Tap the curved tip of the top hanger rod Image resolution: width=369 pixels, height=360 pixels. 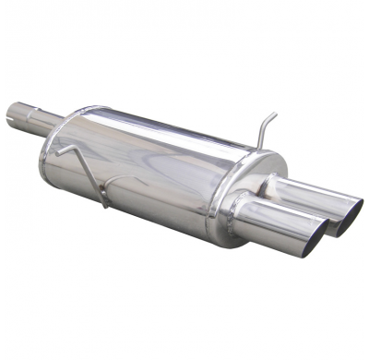click(273, 114)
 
